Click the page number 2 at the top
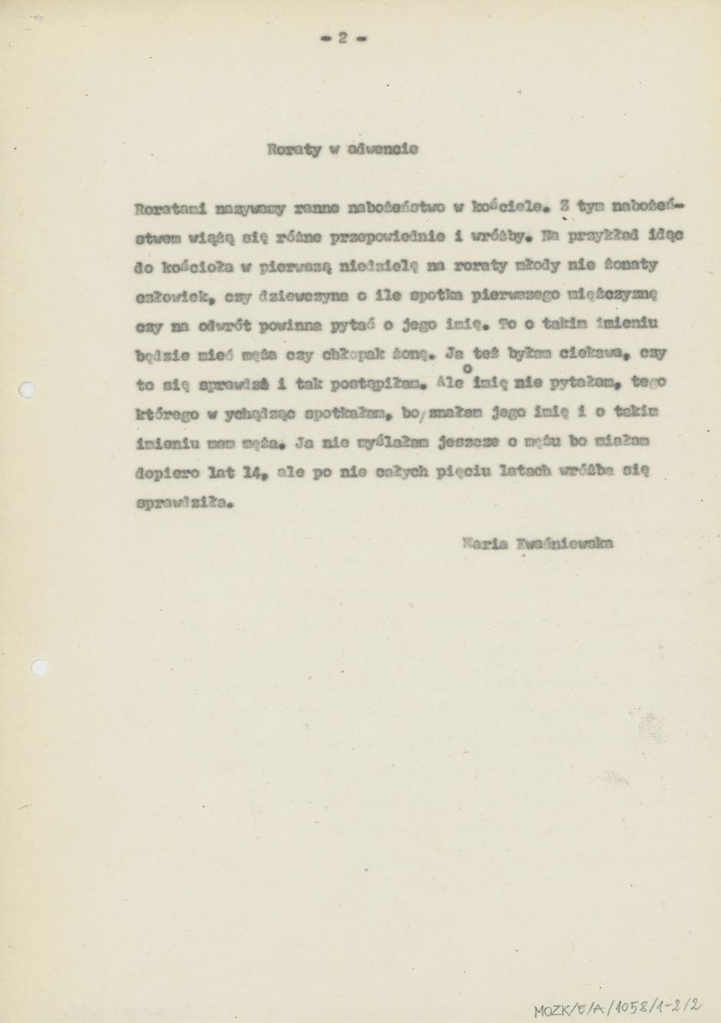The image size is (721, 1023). tap(343, 38)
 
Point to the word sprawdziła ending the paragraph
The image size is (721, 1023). tap(182, 504)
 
